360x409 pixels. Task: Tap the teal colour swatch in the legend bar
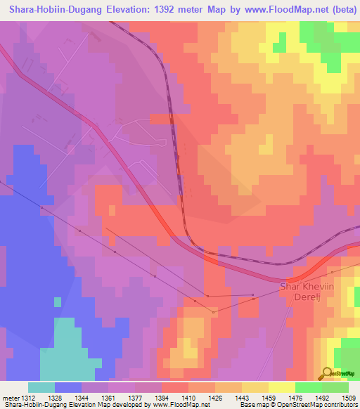pyautogui.click(x=41, y=387)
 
